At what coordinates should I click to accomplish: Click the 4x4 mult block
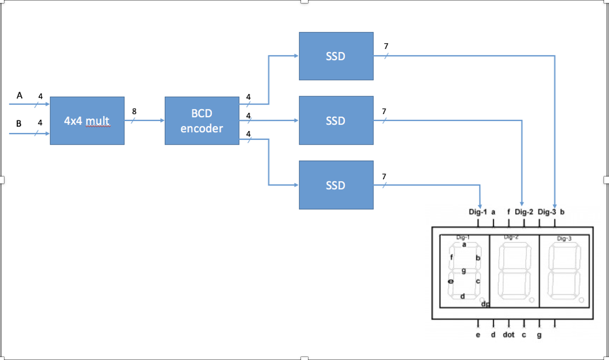click(x=87, y=121)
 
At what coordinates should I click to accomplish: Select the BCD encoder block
click(x=202, y=121)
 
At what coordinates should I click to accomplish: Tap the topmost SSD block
click(x=335, y=56)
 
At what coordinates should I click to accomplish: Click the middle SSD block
click(x=335, y=121)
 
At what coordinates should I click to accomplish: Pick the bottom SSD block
click(x=335, y=185)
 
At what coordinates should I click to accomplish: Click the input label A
click(x=20, y=96)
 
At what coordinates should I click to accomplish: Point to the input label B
click(x=19, y=124)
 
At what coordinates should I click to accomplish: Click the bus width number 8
click(x=134, y=112)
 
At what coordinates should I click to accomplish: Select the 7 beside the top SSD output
click(x=386, y=46)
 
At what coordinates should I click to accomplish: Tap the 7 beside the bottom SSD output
click(x=384, y=177)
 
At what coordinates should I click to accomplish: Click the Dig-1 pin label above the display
click(x=478, y=212)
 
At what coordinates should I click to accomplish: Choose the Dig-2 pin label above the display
click(x=524, y=212)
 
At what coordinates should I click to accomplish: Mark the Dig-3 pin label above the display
click(x=547, y=212)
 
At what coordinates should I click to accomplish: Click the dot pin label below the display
click(x=508, y=335)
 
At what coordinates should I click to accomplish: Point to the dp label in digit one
click(x=485, y=304)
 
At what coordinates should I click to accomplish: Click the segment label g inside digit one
click(x=463, y=271)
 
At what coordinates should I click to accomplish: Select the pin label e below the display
click(x=478, y=335)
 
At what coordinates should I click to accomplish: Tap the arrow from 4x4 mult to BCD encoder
click(x=147, y=120)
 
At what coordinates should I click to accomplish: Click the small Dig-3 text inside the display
click(x=564, y=238)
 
